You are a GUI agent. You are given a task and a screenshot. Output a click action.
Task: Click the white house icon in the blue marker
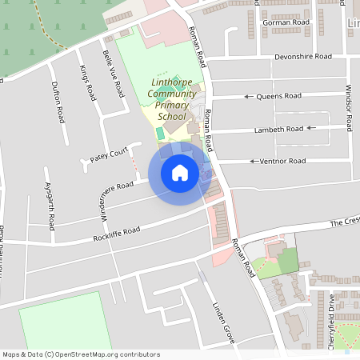coord(180,172)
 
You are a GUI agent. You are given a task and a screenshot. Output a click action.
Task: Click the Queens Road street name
coord(278,96)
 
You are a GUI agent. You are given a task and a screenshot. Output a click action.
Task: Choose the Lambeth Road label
coord(279,129)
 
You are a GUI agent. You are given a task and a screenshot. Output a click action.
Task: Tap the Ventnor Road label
coord(282,161)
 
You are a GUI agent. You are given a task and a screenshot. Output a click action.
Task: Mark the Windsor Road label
coord(349,107)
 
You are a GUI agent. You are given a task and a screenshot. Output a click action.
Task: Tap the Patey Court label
coord(109,153)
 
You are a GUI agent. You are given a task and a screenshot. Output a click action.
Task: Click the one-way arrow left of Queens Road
coord(248,97)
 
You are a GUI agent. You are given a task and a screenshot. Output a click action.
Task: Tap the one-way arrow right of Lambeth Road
coord(316,127)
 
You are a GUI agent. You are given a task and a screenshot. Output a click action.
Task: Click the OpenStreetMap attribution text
coord(81,354)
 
